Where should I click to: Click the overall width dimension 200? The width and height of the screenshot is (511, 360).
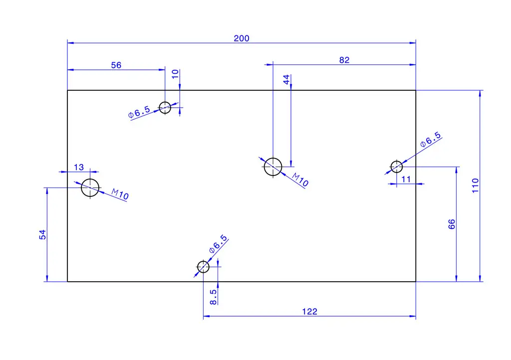click(x=242, y=38)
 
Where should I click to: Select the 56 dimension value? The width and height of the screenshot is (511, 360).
click(x=116, y=65)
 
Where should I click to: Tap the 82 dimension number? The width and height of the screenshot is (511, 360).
click(x=344, y=60)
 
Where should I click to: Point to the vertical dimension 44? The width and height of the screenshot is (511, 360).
click(x=286, y=80)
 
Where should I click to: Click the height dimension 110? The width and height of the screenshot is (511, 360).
click(x=475, y=185)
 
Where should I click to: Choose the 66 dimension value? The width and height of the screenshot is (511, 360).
click(x=452, y=224)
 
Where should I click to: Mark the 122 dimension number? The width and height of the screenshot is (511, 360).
click(x=309, y=312)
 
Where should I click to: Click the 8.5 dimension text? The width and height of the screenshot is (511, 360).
click(x=213, y=297)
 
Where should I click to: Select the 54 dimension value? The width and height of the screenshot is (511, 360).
click(x=43, y=234)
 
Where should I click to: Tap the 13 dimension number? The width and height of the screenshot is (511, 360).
click(x=79, y=167)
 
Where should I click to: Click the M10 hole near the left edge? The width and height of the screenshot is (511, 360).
click(x=90, y=187)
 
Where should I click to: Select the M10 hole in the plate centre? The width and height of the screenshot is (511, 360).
click(x=273, y=167)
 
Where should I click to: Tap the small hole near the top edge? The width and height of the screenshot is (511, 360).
click(x=165, y=107)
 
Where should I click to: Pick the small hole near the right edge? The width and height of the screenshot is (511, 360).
click(x=397, y=167)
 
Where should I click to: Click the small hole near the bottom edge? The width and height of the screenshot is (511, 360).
click(x=203, y=267)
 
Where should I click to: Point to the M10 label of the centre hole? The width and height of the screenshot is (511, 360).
click(x=300, y=180)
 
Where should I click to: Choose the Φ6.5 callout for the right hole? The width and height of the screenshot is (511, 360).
click(x=431, y=140)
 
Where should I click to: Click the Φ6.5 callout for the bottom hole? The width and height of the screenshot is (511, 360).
click(x=218, y=245)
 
